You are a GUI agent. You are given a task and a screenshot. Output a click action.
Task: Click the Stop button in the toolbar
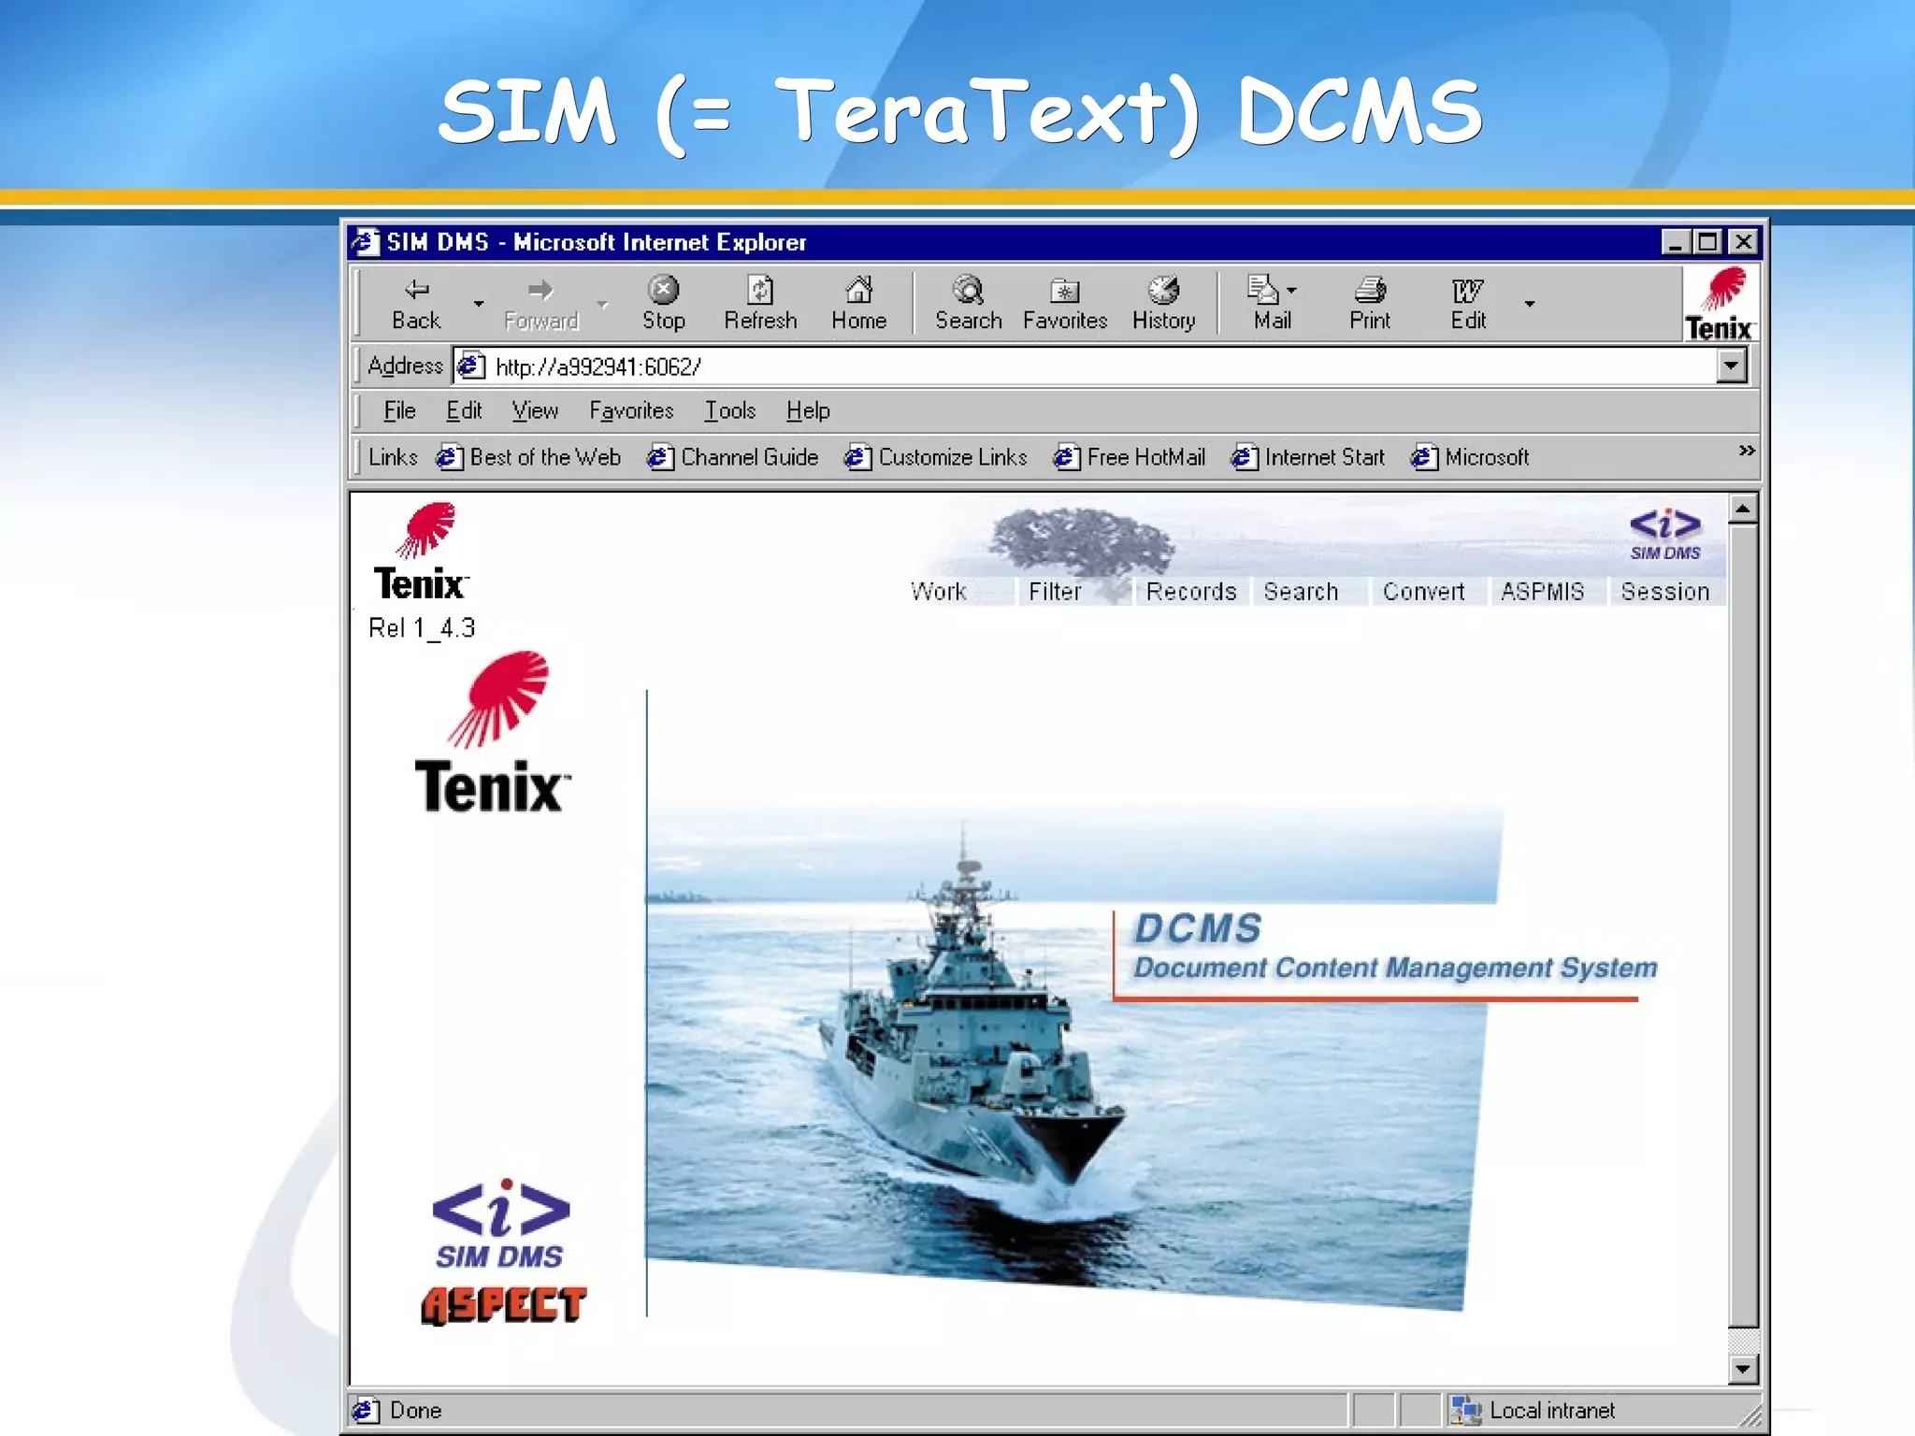tap(663, 302)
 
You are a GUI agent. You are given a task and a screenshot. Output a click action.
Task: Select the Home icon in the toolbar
tap(858, 302)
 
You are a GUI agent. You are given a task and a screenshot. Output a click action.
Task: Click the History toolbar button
tap(1163, 302)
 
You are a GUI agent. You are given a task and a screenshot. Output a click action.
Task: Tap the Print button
tap(1369, 302)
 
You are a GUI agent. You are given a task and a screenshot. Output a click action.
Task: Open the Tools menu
tap(729, 410)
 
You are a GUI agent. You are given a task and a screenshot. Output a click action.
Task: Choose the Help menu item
tap(808, 410)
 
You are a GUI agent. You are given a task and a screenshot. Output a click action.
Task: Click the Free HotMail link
tap(1145, 457)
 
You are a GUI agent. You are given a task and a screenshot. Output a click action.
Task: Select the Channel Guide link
tap(748, 457)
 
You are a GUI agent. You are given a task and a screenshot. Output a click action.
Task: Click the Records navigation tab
tap(1190, 592)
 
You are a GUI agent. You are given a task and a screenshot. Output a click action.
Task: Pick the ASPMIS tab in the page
tap(1542, 592)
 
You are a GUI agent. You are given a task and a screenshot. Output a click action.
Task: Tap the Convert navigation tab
tap(1423, 592)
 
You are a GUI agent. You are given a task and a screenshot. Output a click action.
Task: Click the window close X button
tap(1743, 242)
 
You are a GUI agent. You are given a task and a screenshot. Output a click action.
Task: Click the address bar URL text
tap(598, 366)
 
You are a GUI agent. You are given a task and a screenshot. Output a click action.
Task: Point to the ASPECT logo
tap(503, 1305)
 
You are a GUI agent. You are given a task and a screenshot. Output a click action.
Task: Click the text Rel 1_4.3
tap(422, 628)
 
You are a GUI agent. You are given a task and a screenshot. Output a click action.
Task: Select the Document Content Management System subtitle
tap(1394, 968)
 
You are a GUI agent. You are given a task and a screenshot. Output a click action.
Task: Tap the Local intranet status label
tap(1551, 1410)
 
